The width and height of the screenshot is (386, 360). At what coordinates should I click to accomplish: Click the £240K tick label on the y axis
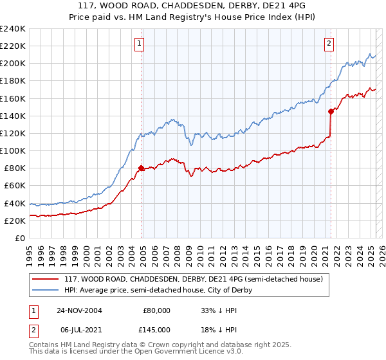tap(13, 29)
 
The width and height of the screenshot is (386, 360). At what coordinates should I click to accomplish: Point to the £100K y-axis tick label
tap(13, 150)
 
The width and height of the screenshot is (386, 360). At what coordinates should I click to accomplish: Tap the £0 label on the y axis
tap(20, 238)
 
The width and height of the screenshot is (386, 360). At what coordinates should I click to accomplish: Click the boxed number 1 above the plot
tap(140, 44)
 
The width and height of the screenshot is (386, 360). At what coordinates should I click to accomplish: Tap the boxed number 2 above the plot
tap(329, 44)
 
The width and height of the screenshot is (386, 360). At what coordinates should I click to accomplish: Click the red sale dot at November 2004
tap(142, 168)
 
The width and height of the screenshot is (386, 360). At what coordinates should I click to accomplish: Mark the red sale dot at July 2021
tap(331, 111)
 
